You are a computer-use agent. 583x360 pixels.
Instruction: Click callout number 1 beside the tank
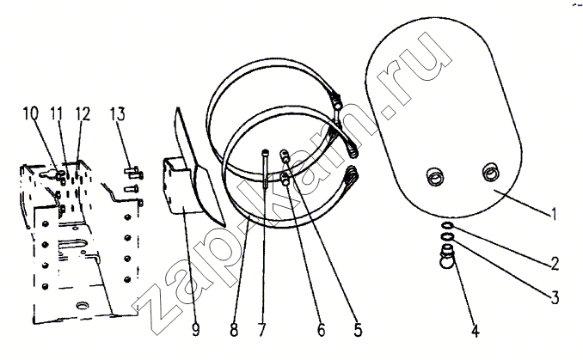(554, 214)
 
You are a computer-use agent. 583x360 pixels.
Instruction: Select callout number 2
(555, 264)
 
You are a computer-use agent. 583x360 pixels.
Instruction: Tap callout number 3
(555, 296)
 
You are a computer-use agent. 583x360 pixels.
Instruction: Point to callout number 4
(476, 330)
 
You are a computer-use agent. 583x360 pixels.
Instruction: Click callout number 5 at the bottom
(358, 330)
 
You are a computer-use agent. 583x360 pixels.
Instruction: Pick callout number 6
(322, 330)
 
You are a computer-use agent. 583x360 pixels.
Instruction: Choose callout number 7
(262, 330)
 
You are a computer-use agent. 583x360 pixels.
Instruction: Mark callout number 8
(234, 330)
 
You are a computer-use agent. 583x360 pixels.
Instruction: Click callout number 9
(195, 330)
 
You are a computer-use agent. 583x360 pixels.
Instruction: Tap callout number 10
(30, 113)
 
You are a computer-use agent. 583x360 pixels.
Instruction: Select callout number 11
(56, 113)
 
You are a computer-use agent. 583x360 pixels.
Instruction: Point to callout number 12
(83, 113)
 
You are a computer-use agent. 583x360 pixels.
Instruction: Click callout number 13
(118, 113)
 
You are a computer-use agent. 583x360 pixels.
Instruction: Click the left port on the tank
(435, 176)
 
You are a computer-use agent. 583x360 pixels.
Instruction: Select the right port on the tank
(492, 171)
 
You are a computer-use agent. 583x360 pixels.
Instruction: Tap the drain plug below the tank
(447, 257)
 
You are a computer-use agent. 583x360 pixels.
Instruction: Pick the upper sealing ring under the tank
(448, 225)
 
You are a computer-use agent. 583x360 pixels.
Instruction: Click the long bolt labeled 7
(265, 168)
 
